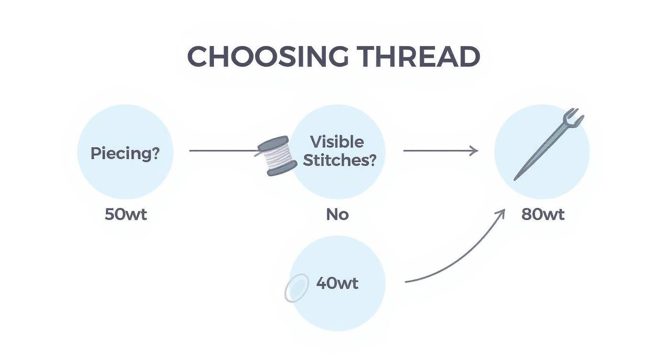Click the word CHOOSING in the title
268,57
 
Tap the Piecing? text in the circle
125,154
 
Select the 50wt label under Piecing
125,214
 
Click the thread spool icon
277,156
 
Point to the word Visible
337,142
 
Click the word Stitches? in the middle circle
340,160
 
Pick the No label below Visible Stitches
337,214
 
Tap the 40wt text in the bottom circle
337,283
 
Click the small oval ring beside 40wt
297,288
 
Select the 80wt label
543,214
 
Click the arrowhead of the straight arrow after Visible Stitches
474,151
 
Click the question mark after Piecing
155,154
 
